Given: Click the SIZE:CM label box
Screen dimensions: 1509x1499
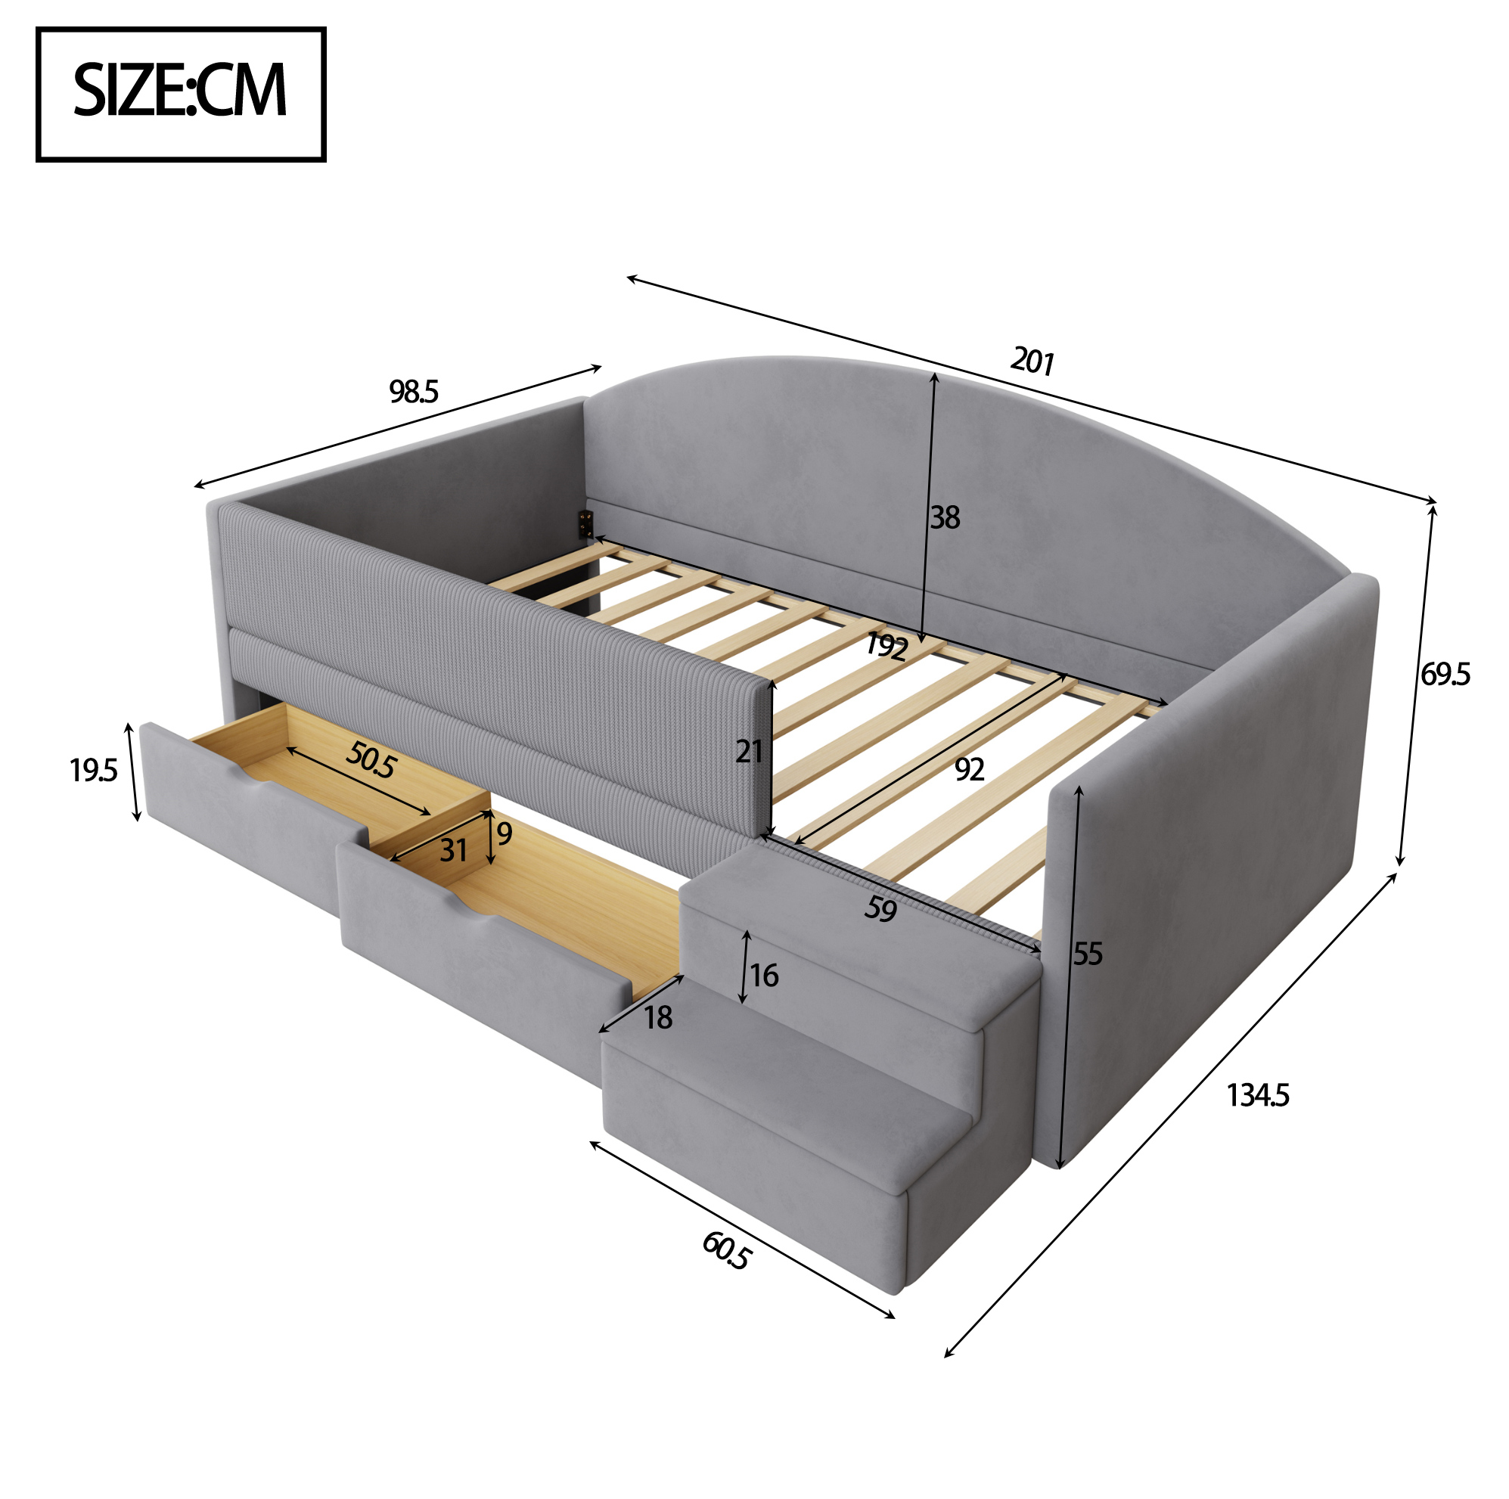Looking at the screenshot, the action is tap(181, 95).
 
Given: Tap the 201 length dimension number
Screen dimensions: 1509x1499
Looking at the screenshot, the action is tap(1032, 362).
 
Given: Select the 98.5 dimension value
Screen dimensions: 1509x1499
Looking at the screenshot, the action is tap(414, 391).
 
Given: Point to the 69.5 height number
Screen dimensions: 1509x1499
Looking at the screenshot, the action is tap(1445, 674).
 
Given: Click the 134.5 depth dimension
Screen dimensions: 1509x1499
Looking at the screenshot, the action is tap(1257, 1095).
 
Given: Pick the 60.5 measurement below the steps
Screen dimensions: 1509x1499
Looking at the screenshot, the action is tap(726, 1250).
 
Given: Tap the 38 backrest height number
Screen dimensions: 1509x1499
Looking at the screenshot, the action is tap(944, 517).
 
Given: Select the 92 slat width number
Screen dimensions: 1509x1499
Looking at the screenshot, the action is tap(969, 770).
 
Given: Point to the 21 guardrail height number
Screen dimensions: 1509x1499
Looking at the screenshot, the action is tap(749, 752).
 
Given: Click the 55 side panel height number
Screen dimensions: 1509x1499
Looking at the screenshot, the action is tap(1087, 954).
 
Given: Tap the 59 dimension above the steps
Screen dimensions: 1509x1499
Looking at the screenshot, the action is tap(881, 909).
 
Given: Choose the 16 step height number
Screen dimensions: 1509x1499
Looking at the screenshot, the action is tap(764, 975).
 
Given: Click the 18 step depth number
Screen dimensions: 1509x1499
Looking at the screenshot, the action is tap(658, 1017).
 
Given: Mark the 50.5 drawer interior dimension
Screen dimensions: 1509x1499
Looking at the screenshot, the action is tap(371, 759).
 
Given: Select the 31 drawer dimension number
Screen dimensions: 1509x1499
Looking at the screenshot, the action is tap(453, 850).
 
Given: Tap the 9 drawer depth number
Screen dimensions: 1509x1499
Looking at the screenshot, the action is tap(505, 834).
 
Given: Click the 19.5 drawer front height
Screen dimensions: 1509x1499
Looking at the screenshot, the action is tap(93, 771).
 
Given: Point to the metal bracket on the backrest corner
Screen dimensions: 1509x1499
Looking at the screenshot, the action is tap(584, 524).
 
